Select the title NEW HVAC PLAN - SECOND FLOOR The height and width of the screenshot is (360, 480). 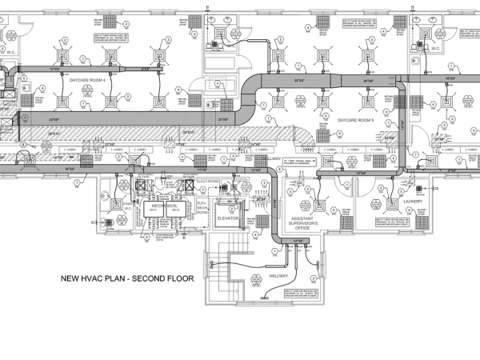pyautogui.click(x=127, y=279)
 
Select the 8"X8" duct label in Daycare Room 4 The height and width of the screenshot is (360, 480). pyautogui.click(x=146, y=69)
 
